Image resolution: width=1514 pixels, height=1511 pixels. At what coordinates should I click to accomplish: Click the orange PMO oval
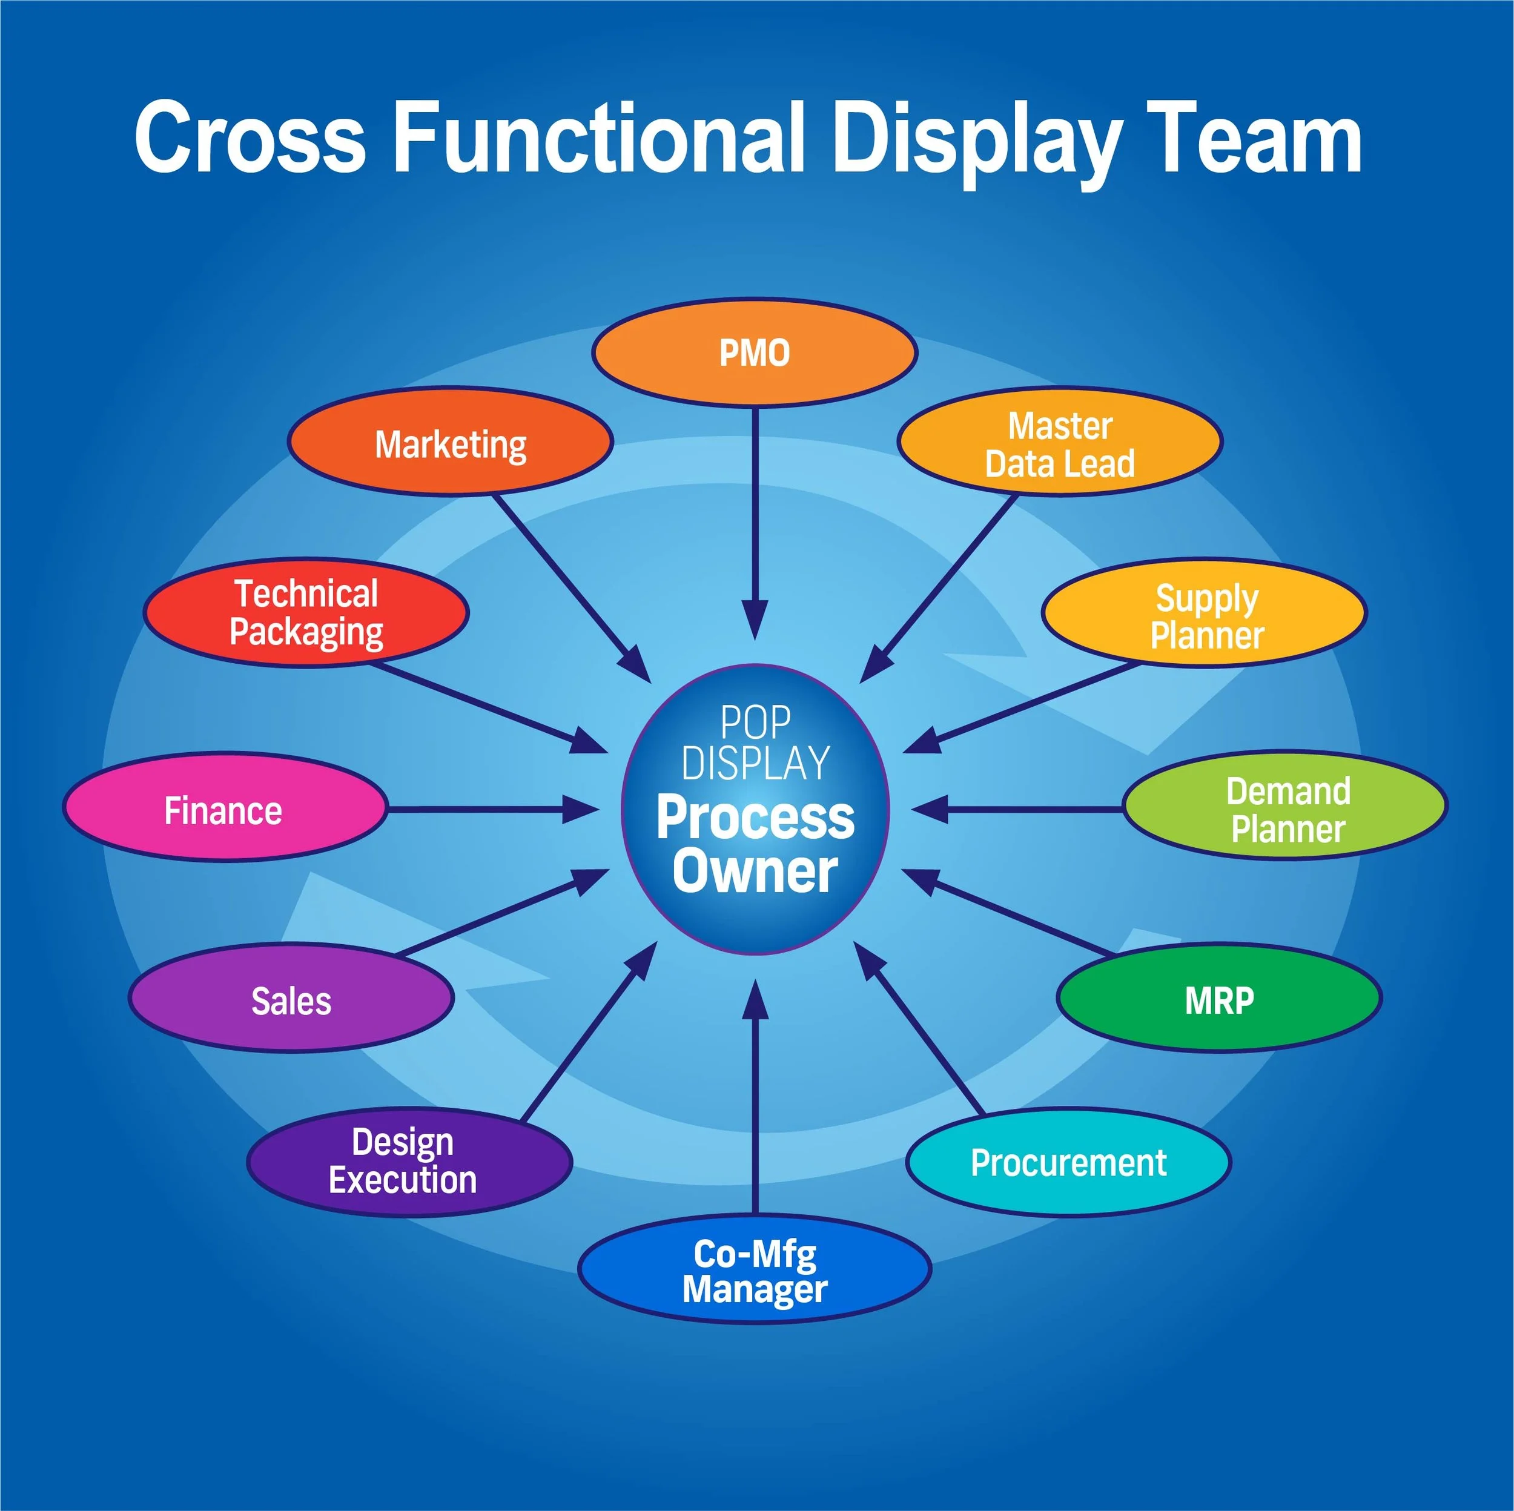[754, 352]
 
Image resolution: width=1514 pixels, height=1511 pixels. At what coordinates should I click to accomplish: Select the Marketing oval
[451, 442]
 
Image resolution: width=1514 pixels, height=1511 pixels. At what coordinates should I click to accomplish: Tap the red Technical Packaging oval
[306, 613]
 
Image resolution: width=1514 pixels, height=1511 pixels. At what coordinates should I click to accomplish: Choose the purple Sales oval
[291, 999]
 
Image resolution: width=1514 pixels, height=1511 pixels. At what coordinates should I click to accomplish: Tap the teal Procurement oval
[1068, 1162]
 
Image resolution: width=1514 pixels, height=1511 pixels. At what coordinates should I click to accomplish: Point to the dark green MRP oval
[1218, 999]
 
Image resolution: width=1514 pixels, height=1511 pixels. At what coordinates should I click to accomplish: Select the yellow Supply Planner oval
[1205, 615]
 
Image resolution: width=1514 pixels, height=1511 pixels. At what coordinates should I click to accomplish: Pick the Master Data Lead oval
[1059, 443]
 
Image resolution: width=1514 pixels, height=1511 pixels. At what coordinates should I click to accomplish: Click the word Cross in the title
[249, 138]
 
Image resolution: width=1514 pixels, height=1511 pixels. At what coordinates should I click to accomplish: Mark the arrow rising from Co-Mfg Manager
[755, 1097]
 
